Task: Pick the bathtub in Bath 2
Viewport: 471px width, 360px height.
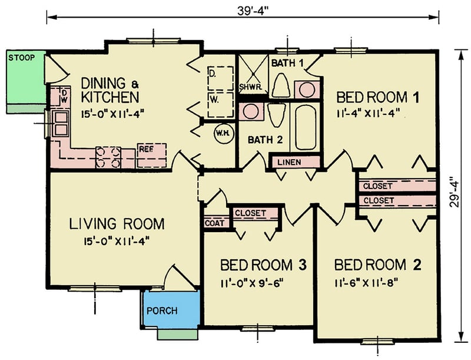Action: click(306, 126)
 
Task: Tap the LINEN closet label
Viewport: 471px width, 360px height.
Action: click(296, 161)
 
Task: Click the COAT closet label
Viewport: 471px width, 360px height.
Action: click(213, 224)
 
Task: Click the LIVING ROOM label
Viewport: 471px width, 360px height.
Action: click(117, 224)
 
